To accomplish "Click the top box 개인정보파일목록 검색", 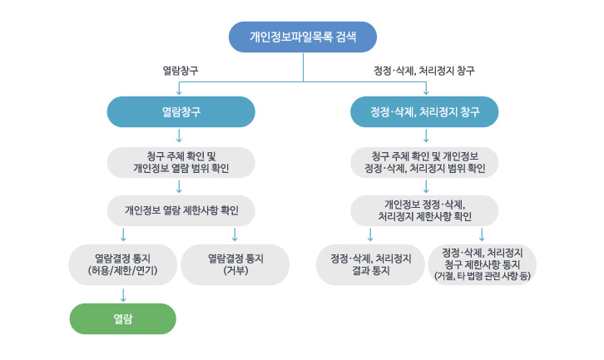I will (x=303, y=37).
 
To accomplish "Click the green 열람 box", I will (x=123, y=318).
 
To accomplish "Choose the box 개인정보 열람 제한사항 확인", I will (x=181, y=210).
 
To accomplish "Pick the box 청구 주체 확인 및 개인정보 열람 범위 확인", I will (x=181, y=161).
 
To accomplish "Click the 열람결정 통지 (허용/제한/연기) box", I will (x=123, y=264).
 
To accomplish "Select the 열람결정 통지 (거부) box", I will (x=235, y=264).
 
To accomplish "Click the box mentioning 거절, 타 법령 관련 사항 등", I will (x=483, y=264).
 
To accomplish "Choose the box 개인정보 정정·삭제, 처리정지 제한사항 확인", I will (x=424, y=210).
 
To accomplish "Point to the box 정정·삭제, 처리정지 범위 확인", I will (x=424, y=161).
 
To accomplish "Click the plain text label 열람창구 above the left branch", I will (x=181, y=71).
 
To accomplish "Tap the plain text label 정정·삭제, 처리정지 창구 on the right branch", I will (x=424, y=71).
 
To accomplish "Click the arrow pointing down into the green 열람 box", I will (x=123, y=293).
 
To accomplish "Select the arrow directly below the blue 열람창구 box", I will (x=181, y=136).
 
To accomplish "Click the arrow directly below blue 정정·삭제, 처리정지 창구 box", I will (x=426, y=136).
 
